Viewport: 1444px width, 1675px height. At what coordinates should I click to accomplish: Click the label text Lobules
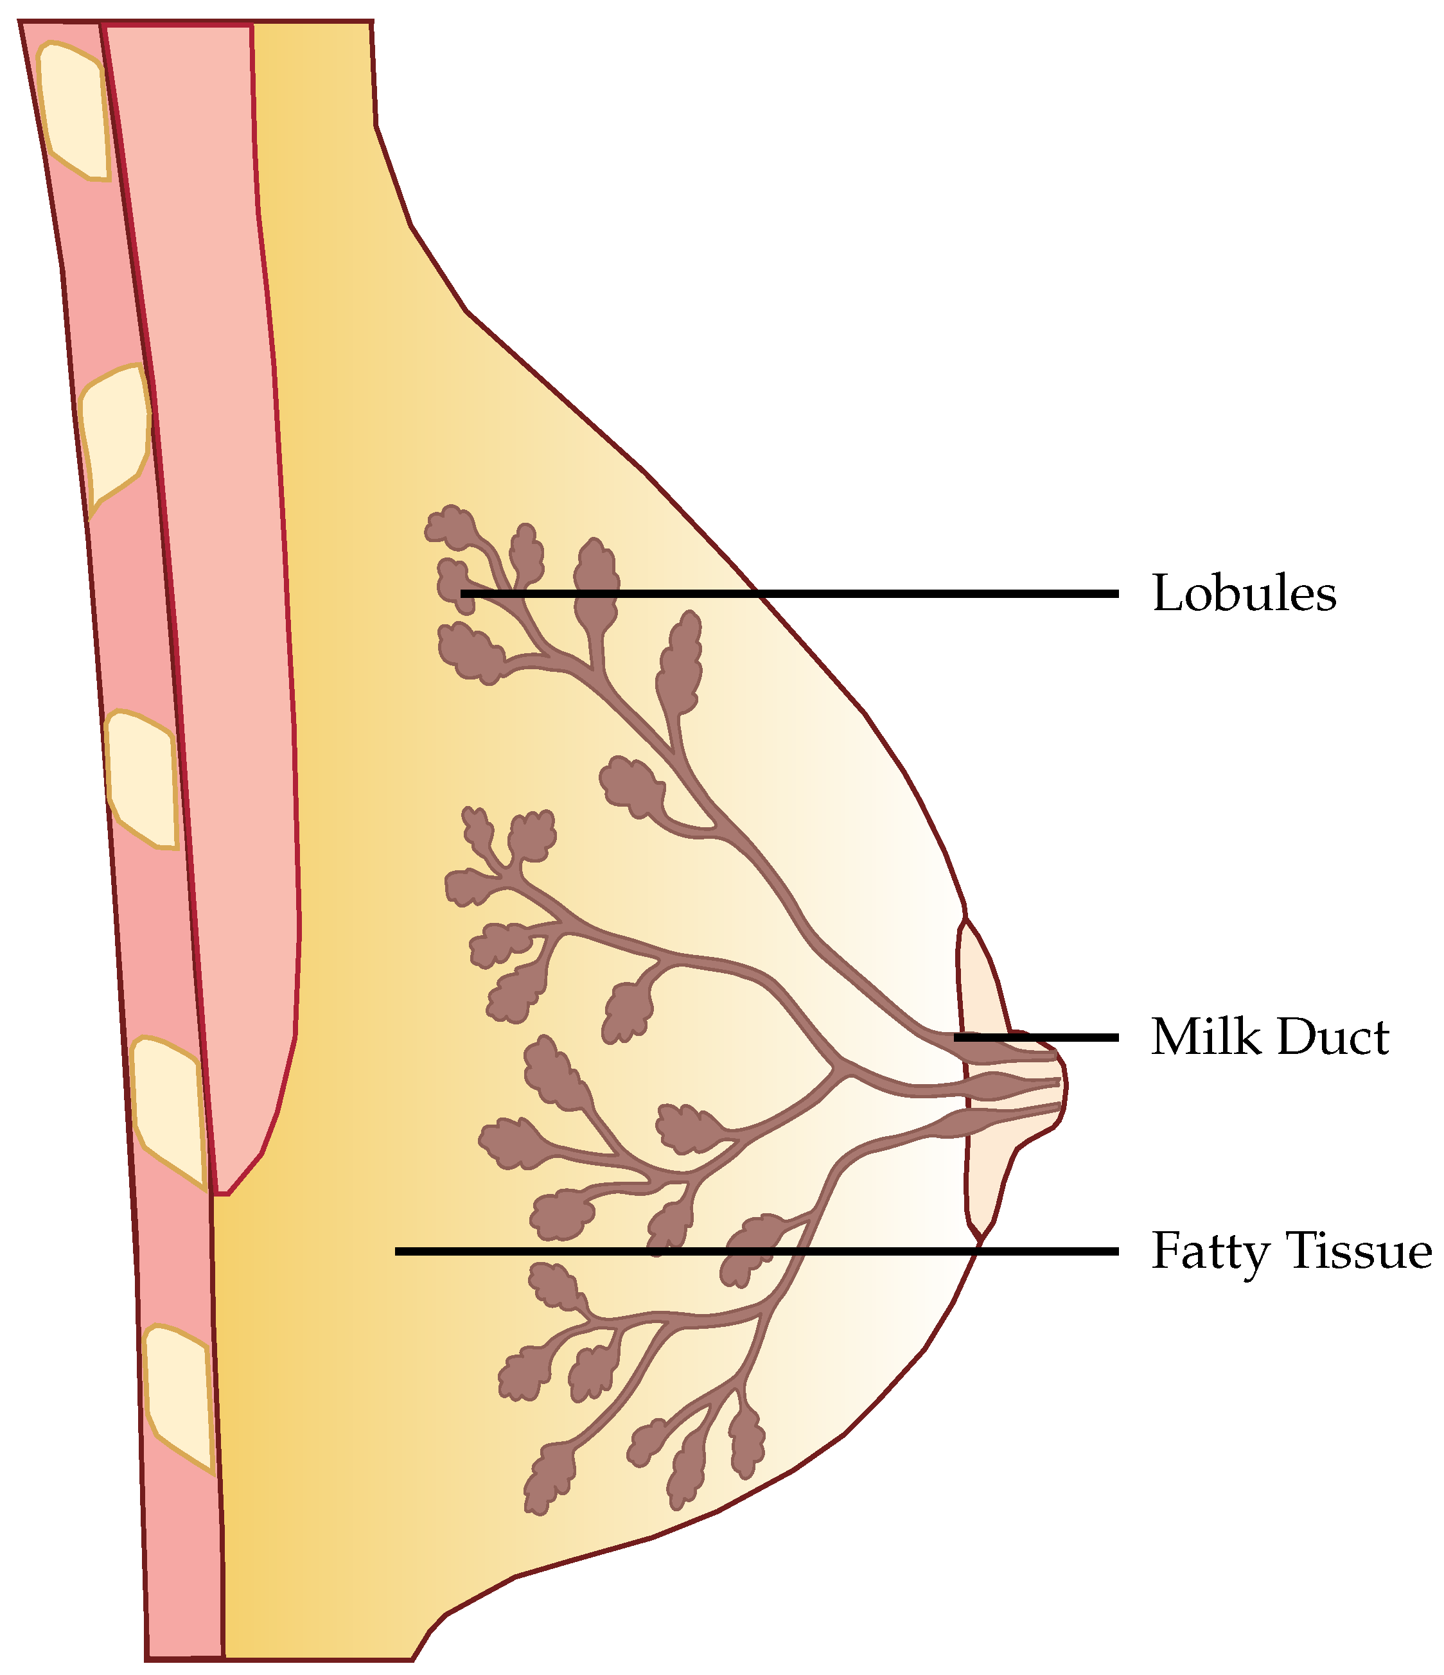(x=1244, y=594)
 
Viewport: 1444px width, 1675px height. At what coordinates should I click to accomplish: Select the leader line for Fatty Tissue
(x=756, y=1251)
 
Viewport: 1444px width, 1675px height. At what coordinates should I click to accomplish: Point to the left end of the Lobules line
(x=463, y=594)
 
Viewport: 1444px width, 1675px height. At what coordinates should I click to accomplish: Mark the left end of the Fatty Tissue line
(x=398, y=1251)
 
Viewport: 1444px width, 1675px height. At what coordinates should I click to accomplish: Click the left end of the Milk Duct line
(x=956, y=1037)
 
